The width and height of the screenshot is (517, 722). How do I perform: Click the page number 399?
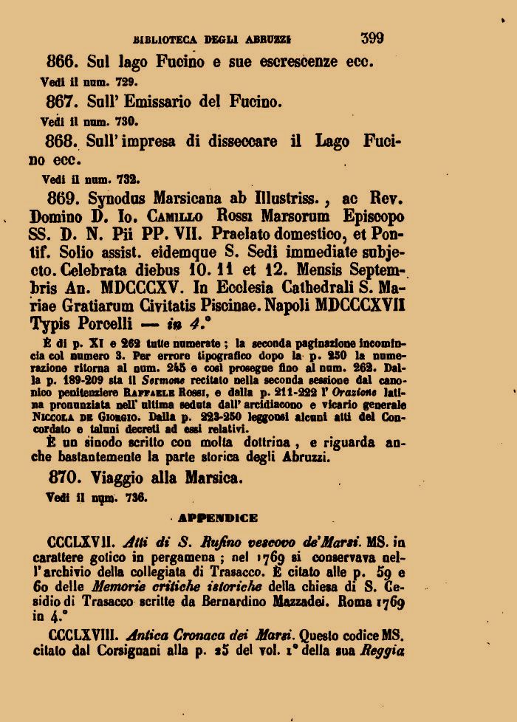click(372, 38)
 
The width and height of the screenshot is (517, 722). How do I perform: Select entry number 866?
click(64, 62)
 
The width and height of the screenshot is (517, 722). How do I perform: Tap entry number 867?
click(64, 102)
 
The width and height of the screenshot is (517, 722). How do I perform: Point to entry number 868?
click(64, 142)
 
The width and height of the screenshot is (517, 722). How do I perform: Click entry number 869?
click(64, 199)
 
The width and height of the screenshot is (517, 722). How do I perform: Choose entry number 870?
click(64, 478)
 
